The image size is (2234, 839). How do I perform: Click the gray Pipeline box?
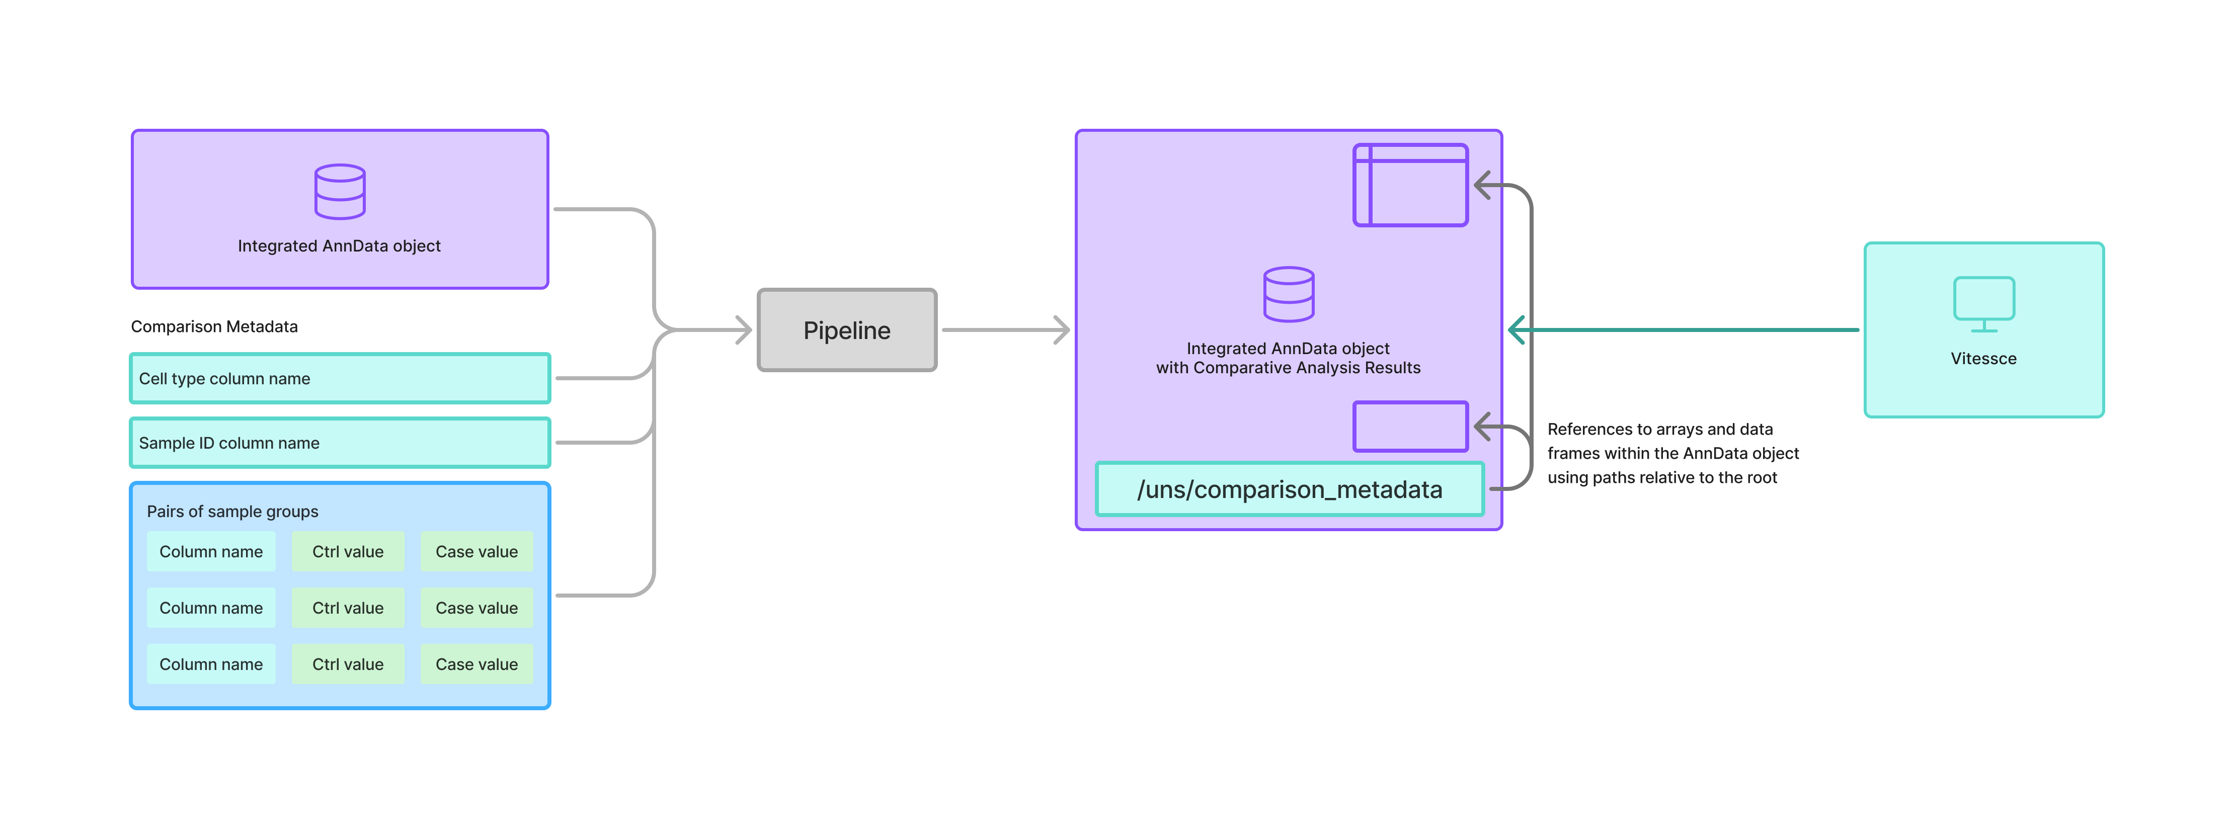point(846,330)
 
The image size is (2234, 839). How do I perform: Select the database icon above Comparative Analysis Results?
point(1288,295)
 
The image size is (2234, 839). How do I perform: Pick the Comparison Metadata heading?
point(214,327)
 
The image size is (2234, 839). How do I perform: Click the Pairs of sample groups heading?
point(232,512)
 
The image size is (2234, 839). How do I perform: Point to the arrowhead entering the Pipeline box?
point(743,330)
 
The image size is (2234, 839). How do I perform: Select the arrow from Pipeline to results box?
point(1006,330)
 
